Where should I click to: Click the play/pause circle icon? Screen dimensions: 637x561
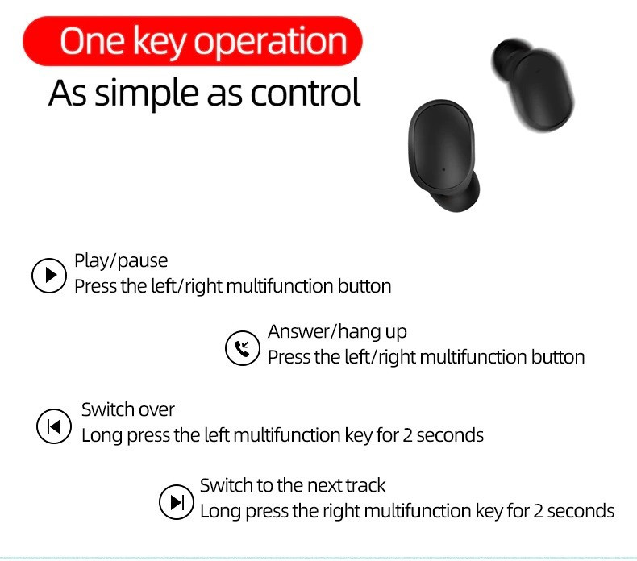click(49, 275)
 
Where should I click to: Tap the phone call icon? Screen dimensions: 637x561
click(243, 347)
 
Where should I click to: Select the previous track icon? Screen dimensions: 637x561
click(54, 426)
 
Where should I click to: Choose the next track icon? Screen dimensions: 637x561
click(177, 501)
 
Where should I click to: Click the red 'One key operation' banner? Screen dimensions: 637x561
click(193, 41)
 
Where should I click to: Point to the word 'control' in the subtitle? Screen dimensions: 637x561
click(305, 93)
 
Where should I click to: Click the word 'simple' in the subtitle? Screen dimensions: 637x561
click(147, 94)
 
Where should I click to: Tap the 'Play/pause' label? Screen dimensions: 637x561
click(121, 261)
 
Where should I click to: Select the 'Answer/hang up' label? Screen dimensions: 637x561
click(337, 332)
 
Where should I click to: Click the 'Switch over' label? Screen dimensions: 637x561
click(128, 409)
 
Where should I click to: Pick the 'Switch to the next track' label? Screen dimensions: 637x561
click(293, 485)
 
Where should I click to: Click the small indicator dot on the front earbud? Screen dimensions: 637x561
click(443, 169)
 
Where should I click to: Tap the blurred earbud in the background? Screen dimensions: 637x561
click(533, 85)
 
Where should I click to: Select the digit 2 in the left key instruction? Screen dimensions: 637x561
click(407, 435)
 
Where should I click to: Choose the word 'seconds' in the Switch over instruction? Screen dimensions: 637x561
click(450, 435)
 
